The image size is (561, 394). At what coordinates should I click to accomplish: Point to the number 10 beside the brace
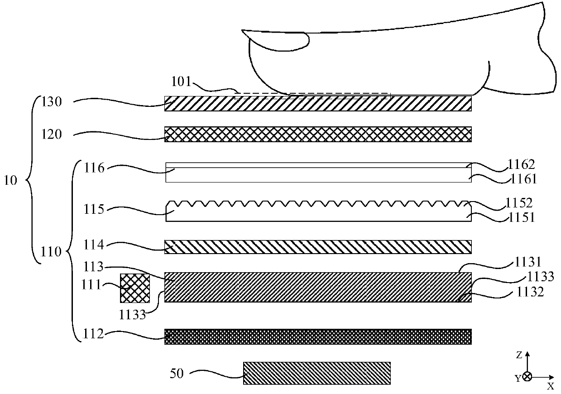11,181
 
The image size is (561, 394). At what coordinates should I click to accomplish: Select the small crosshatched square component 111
134,288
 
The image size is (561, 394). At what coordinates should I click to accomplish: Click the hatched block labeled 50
316,373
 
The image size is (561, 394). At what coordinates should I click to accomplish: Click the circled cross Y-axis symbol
527,376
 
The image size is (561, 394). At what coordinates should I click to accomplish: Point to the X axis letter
550,386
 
